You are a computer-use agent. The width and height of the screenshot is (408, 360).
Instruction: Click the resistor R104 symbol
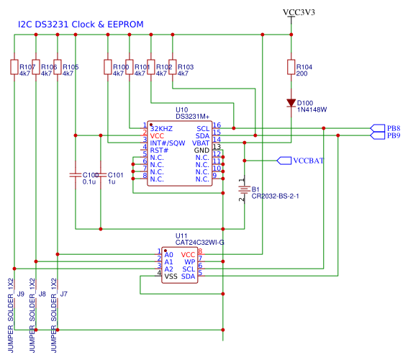291,68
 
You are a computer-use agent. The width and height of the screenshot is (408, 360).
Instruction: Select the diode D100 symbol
291,103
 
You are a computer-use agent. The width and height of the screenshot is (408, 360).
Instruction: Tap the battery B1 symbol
245,190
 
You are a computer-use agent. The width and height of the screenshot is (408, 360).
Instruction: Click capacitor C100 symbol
75,174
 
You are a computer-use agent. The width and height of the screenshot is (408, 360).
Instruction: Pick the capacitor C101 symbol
101,174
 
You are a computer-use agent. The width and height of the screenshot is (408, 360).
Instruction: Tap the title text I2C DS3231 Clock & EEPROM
80,24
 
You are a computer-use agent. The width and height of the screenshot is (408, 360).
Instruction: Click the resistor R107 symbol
14,67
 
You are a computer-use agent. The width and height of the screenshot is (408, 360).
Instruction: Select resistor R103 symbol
172,67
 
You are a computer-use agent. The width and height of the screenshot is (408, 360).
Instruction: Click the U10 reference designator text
182,109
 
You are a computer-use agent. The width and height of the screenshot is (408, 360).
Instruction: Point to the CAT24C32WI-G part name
200,243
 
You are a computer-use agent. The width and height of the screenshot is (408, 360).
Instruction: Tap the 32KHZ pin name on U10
161,127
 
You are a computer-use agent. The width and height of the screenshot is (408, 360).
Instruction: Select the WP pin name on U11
190,261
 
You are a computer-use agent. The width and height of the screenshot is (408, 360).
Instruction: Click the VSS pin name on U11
171,276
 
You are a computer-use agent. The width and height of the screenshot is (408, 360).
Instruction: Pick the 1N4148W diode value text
312,110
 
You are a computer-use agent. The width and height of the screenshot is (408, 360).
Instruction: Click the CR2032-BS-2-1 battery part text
275,196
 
